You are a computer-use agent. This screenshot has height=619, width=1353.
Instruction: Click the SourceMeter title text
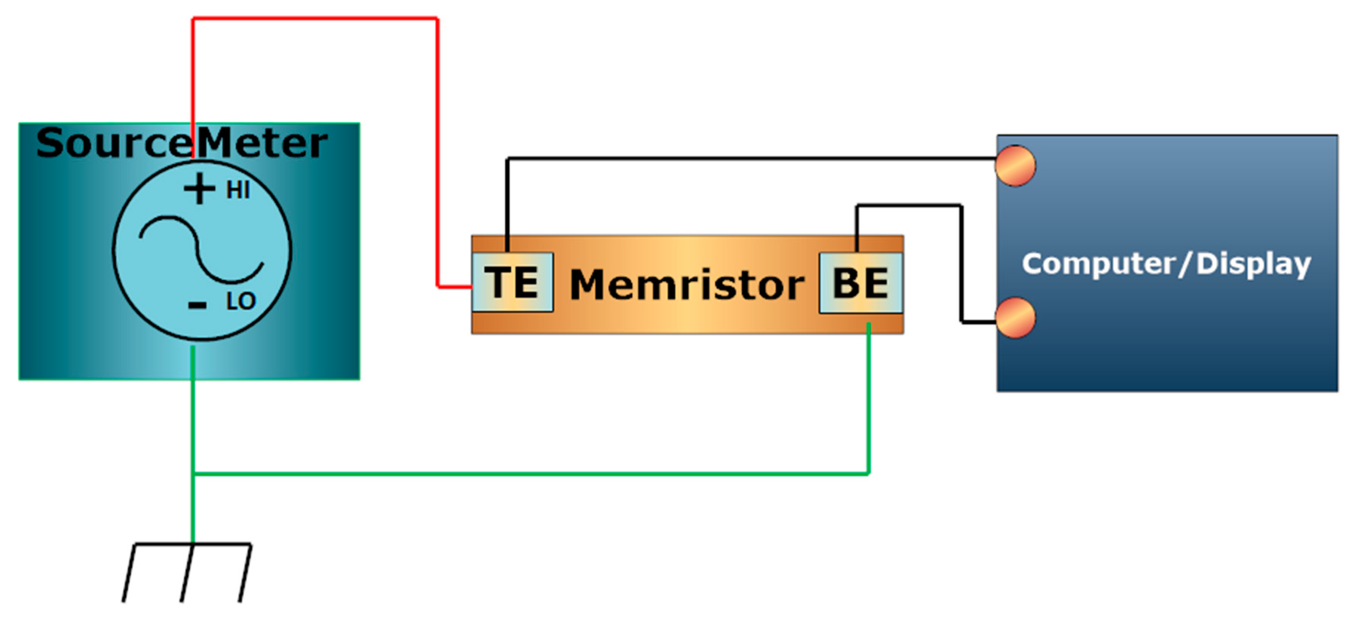click(x=181, y=143)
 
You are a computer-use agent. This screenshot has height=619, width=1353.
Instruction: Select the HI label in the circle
click(x=238, y=190)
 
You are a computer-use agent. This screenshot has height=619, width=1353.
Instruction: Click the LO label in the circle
click(x=241, y=302)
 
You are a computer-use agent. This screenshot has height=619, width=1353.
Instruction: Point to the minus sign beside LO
click(x=197, y=304)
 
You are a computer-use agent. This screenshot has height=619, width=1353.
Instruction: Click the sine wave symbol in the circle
click(x=201, y=250)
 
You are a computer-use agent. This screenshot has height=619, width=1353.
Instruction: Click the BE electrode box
click(x=860, y=283)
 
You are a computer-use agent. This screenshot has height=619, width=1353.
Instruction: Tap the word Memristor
click(x=687, y=285)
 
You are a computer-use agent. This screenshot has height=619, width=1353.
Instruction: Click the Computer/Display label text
click(x=1166, y=264)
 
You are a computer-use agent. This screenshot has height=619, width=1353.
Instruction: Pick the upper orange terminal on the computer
click(x=1015, y=166)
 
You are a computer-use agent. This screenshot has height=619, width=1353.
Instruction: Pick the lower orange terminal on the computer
click(x=1015, y=318)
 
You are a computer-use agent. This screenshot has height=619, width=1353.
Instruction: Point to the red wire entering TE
click(x=455, y=287)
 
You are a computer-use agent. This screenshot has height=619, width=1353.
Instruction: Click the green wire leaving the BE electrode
click(x=869, y=399)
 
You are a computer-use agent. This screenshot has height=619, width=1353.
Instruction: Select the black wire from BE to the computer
click(x=961, y=263)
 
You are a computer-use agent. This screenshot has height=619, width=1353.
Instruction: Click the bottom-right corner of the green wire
click(x=869, y=474)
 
